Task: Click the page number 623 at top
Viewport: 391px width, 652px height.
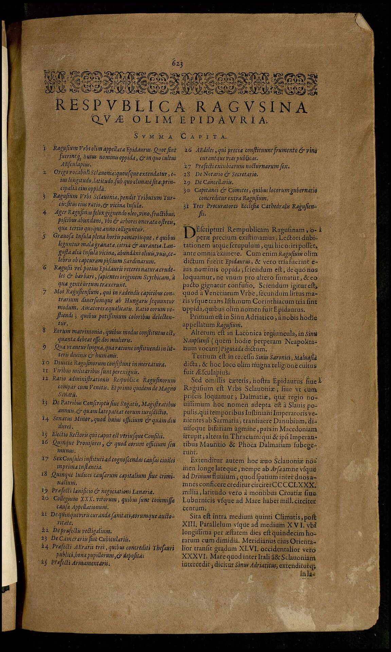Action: pyautogui.click(x=177, y=63)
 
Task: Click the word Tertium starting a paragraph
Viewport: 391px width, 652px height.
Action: pyautogui.click(x=203, y=357)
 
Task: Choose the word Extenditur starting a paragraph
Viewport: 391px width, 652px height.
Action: pyautogui.click(x=208, y=461)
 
